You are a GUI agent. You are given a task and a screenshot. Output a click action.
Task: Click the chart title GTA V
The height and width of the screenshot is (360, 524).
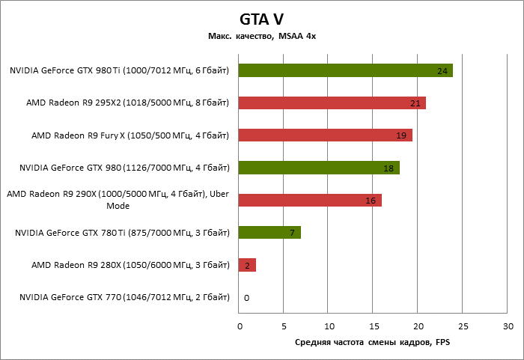[x=262, y=19]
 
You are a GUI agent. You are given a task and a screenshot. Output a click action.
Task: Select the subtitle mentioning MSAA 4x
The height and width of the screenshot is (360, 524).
[x=262, y=36]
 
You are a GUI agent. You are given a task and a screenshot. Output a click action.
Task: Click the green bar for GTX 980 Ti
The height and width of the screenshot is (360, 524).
[x=345, y=70]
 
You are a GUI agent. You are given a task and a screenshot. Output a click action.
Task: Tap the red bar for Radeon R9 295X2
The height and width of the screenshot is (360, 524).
[x=332, y=103]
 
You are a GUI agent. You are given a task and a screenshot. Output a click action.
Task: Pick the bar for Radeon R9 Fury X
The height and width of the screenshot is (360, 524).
[x=325, y=135]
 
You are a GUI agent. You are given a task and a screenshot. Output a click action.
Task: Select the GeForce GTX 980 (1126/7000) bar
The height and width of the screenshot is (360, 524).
[x=319, y=168]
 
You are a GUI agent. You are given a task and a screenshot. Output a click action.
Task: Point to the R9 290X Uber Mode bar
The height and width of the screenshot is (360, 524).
[x=310, y=200]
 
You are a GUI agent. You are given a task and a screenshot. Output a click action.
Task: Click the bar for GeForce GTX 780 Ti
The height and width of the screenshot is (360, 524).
[x=269, y=233]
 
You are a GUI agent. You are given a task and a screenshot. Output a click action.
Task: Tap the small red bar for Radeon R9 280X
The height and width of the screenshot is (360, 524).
[x=247, y=265]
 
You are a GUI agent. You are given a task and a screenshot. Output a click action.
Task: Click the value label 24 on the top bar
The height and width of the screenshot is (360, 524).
[x=442, y=71]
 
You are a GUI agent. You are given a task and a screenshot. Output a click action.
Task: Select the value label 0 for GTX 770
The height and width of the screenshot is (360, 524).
[x=246, y=298]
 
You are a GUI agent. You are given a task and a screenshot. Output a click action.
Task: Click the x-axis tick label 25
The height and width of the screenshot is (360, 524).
[x=463, y=326]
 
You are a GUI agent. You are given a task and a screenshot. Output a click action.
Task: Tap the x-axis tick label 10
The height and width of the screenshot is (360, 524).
[x=329, y=326]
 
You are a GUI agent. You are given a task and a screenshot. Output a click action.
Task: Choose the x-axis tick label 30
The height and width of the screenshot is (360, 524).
[x=508, y=326]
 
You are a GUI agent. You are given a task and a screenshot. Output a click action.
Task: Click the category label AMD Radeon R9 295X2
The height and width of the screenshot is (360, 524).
[x=127, y=103]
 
